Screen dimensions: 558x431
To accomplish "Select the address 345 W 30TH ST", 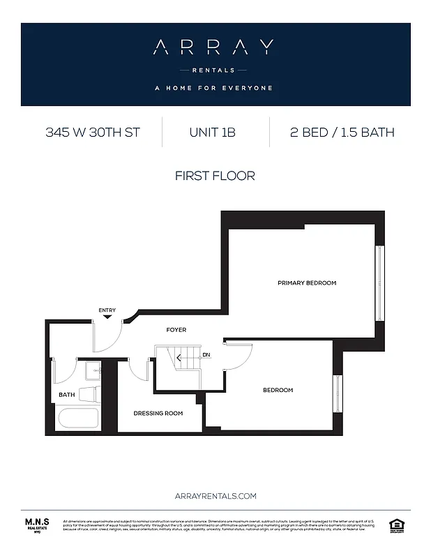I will pos(93,132).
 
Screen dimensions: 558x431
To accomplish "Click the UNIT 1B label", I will pos(212,132).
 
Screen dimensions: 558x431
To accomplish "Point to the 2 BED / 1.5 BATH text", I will pos(342,132).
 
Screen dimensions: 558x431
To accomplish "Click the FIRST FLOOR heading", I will pos(215,176).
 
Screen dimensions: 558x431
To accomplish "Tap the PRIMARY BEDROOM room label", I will pos(307,283).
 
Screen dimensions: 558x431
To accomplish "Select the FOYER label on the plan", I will pos(176,329).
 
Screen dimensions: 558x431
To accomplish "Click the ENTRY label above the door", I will pos(107,310).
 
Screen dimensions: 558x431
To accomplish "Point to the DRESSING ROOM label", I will pos(158,413).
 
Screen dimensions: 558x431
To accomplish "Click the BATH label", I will pos(67,395).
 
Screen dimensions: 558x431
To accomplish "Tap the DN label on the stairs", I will pos(206,356).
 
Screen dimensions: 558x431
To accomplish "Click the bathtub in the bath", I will pos(77,418).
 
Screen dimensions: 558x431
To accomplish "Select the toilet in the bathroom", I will pos(89,394).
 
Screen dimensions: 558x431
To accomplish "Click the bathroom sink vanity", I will pos(93,370).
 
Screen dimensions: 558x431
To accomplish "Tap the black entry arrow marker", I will pos(107,317).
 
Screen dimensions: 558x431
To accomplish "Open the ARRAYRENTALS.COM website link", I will pos(215,496).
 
